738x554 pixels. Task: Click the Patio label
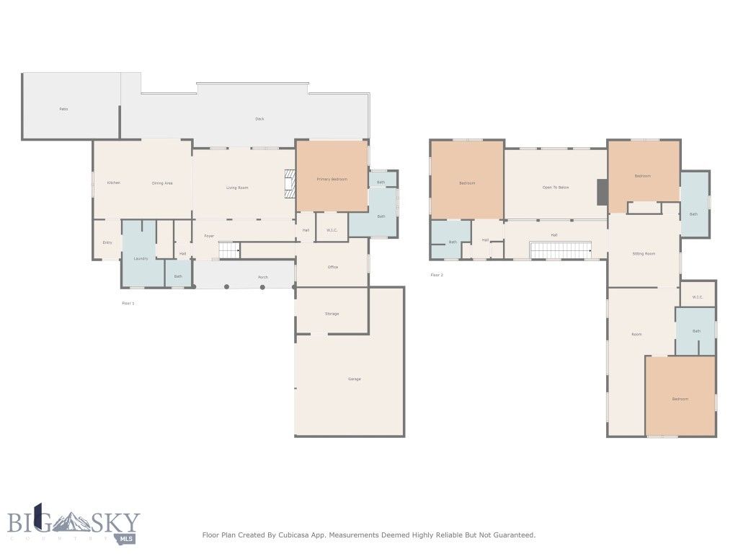coord(63,109)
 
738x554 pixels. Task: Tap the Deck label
coord(259,119)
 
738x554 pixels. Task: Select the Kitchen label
coord(113,183)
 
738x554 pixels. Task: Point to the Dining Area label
coord(162,183)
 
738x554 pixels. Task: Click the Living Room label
coord(237,188)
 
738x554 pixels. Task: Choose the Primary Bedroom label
coord(332,179)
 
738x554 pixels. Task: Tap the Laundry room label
coord(140,258)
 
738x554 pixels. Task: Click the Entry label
coord(107,242)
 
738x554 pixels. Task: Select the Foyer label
coord(209,236)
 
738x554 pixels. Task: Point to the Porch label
coord(263,277)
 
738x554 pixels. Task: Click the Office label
coord(332,268)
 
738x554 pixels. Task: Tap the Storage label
coord(332,314)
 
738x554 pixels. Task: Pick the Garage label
coord(354,379)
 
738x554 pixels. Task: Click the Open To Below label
coord(556,188)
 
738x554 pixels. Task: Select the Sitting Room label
coord(643,254)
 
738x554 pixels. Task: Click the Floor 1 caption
coord(128,304)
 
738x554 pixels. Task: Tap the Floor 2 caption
coord(437,275)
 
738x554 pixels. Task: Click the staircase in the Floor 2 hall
coord(561,250)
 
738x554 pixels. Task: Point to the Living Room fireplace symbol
coord(290,183)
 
